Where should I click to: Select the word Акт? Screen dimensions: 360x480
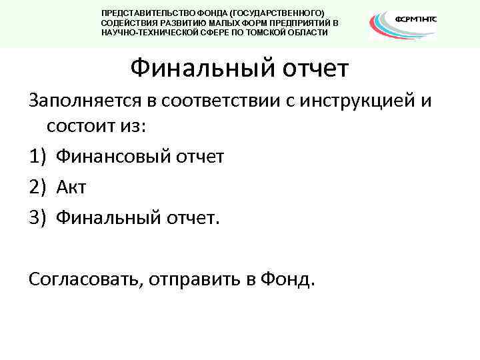tap(71, 187)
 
